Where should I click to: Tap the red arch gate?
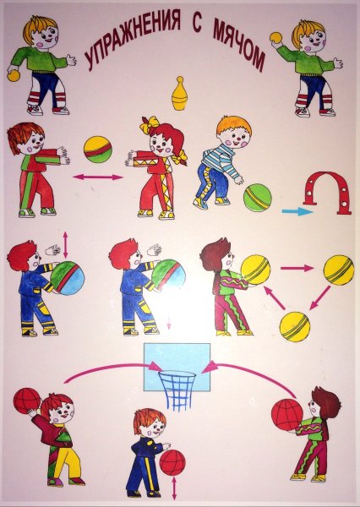click(327, 177)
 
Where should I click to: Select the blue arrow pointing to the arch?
click(297, 212)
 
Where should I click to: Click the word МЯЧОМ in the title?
click(239, 46)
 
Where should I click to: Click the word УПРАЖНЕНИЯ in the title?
click(133, 38)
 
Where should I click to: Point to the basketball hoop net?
click(177, 390)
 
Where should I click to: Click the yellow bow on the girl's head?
click(150, 124)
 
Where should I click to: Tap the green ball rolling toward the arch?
click(258, 198)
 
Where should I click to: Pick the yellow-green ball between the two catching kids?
click(98, 150)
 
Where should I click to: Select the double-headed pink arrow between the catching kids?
click(98, 177)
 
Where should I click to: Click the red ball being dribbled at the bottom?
click(172, 462)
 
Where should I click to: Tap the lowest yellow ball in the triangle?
click(295, 326)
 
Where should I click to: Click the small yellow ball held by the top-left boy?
click(14, 76)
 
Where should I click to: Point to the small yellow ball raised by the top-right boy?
click(276, 37)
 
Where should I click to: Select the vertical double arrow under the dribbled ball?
click(174, 488)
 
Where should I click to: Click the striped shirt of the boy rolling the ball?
click(219, 159)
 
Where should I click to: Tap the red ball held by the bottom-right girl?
click(286, 415)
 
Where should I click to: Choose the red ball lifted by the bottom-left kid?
click(27, 401)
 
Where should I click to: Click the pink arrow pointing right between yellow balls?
click(297, 268)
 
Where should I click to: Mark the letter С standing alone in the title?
click(197, 25)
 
